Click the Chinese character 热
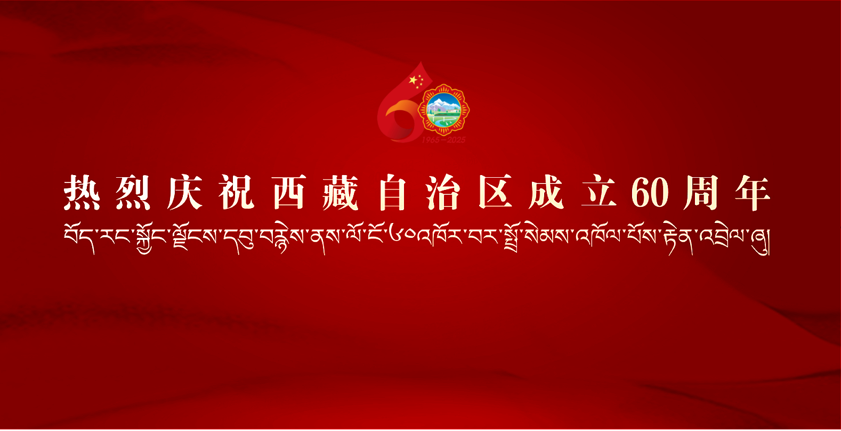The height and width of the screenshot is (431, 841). pyautogui.click(x=82, y=192)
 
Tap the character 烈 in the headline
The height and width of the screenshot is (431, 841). pyautogui.click(x=133, y=192)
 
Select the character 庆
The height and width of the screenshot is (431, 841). pyautogui.click(x=185, y=192)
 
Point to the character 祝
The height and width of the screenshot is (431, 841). pyautogui.click(x=237, y=192)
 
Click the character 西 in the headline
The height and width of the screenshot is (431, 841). pyautogui.click(x=288, y=192)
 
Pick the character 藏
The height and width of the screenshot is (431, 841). pyautogui.click(x=340, y=192)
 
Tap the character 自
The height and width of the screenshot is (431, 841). pyautogui.click(x=392, y=192)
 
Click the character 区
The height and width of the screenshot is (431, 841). pyautogui.click(x=495, y=192)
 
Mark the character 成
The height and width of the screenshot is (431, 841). pyautogui.click(x=547, y=192)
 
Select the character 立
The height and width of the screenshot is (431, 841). pyautogui.click(x=599, y=192)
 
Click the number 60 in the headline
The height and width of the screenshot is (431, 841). pyautogui.click(x=650, y=192)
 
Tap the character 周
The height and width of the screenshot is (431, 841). pyautogui.click(x=701, y=192)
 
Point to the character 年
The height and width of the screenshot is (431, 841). pyautogui.click(x=753, y=192)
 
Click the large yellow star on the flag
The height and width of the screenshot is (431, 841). pyautogui.click(x=413, y=80)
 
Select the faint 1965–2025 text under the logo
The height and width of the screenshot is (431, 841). pyautogui.click(x=443, y=140)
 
